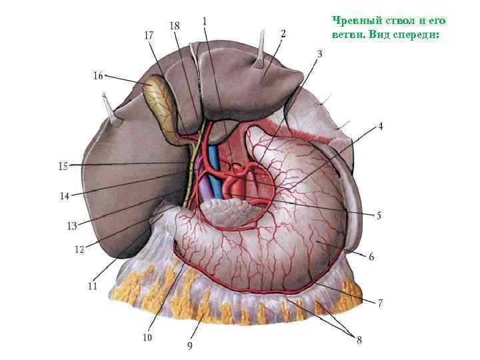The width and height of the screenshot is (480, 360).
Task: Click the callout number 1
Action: [204, 21]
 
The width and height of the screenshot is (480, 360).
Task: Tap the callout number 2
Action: [283, 33]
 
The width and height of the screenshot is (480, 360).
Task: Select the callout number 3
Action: [319, 53]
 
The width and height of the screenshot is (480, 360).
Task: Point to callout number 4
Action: [381, 125]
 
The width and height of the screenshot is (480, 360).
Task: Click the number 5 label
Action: [378, 215]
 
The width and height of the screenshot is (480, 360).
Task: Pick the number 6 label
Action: [371, 257]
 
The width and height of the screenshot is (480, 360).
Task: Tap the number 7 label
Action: [380, 303]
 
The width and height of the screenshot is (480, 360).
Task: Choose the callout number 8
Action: [359, 340]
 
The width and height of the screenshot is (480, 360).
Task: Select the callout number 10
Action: [147, 338]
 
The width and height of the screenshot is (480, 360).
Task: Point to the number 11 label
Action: [92, 287]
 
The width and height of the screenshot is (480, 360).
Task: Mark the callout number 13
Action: [72, 226]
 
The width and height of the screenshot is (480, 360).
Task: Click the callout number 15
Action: [63, 166]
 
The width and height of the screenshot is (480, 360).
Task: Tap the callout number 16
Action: [98, 76]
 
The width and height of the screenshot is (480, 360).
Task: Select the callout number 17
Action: [150, 34]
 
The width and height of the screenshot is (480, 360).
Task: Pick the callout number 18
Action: [175, 25]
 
